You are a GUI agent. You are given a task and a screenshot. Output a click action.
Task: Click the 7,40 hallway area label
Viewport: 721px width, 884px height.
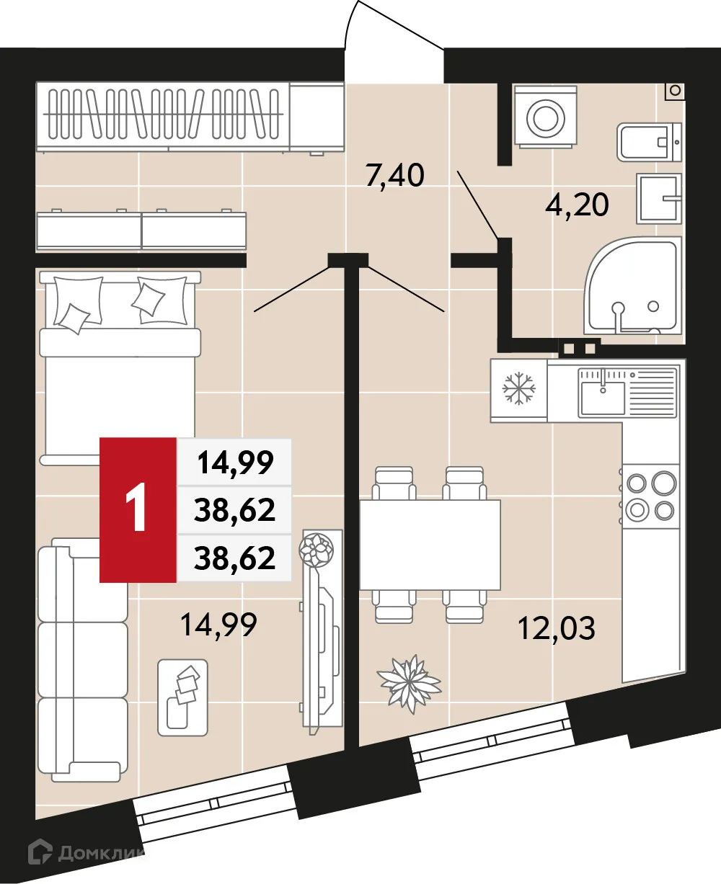(394, 175)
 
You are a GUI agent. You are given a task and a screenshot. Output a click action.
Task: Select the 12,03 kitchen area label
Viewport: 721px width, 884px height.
(557, 628)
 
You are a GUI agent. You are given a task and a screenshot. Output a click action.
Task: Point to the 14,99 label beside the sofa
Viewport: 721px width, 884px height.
(218, 624)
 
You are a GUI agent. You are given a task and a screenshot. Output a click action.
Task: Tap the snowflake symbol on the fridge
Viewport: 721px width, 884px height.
(518, 389)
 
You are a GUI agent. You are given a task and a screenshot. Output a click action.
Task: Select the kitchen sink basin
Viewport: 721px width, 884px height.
(603, 398)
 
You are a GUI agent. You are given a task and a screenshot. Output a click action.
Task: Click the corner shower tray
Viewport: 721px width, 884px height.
(632, 288)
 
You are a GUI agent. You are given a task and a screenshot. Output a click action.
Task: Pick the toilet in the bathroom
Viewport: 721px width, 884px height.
(649, 142)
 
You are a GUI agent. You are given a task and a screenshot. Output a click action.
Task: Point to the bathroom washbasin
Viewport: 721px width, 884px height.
(658, 197)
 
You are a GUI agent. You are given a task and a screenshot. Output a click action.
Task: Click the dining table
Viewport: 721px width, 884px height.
(430, 544)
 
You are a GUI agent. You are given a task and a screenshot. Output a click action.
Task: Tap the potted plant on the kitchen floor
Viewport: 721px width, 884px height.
(409, 682)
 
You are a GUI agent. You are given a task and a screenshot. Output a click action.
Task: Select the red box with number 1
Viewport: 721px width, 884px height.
(138, 509)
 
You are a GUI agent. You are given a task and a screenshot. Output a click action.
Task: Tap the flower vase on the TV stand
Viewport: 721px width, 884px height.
(317, 549)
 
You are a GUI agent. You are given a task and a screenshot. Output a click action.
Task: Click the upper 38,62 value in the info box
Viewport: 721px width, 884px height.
(235, 510)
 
